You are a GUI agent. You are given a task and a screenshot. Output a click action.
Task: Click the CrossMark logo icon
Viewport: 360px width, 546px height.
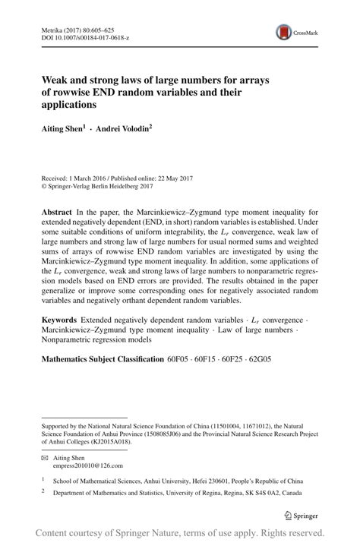(x=284, y=31)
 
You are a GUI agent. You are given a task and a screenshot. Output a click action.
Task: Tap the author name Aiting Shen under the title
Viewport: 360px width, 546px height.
(x=67, y=130)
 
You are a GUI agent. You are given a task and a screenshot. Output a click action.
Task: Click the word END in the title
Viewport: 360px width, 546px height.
(x=111, y=92)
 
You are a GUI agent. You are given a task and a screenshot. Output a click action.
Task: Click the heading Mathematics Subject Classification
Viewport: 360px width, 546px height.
(x=103, y=358)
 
